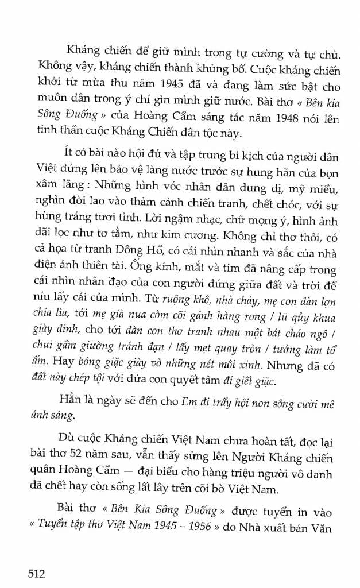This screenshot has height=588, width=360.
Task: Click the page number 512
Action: (x=32, y=572)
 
